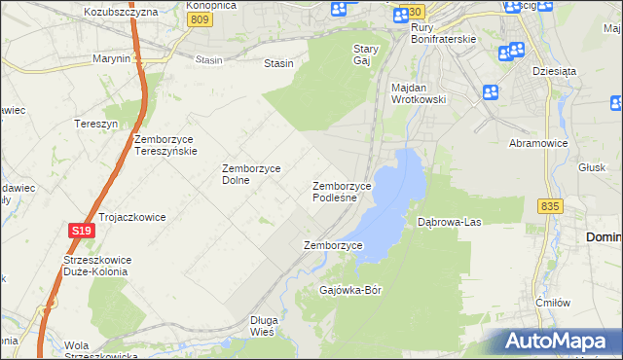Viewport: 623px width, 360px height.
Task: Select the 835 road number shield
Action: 550,206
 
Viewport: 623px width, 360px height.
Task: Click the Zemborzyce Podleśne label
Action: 341,191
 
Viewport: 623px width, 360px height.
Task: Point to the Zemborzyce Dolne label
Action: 251,173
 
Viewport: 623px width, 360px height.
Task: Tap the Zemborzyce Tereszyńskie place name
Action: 165,145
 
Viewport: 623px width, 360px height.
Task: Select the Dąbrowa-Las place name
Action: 450,222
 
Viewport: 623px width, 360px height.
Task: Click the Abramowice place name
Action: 538,142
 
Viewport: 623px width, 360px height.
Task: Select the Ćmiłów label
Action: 552,303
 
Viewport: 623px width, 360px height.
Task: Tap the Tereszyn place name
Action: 95,124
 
